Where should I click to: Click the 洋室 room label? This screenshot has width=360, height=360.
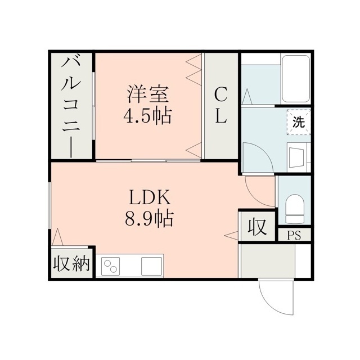point(148,94)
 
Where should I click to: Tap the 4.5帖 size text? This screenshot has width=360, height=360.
point(147,116)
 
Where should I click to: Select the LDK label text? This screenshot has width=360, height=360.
point(150,197)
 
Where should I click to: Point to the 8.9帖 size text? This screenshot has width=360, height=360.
point(149,219)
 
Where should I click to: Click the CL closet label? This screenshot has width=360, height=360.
point(221,106)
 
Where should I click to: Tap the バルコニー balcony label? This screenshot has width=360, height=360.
point(71,107)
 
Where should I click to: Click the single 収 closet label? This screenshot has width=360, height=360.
point(257,227)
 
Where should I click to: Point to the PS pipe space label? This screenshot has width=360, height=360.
point(294,235)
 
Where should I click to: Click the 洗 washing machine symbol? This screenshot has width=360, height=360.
point(299,122)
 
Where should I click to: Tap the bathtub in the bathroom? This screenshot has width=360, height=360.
point(296,79)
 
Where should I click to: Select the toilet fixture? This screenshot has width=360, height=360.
point(295,209)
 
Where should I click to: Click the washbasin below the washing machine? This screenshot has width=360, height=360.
point(298,157)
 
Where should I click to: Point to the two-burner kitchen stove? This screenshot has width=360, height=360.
point(111,266)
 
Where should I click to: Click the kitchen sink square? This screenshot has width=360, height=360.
point(151,266)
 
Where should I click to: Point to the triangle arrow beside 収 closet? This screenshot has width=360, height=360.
point(231,236)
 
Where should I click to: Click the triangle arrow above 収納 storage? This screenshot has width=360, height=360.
point(57,237)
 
